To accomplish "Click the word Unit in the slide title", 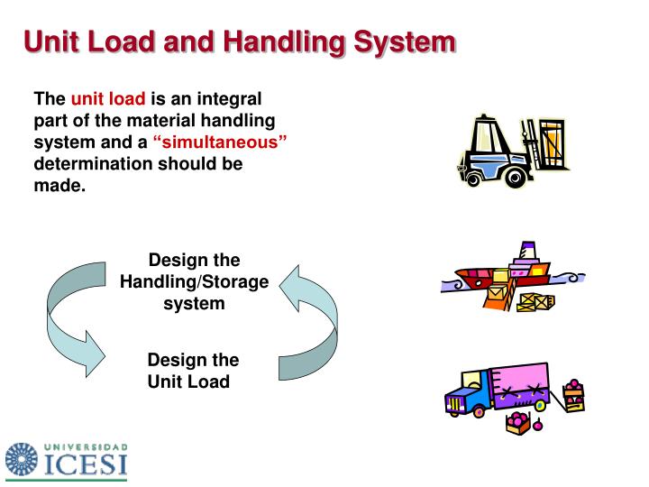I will click(53, 41).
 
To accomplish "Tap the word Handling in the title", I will click(266, 41).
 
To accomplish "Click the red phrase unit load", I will click(108, 98).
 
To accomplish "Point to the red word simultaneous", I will click(220, 142).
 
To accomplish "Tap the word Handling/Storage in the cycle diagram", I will click(194, 282).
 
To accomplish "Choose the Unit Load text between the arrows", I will click(188, 381).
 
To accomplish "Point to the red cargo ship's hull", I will click(487, 274).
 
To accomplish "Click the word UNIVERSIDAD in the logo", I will click(86, 446).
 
